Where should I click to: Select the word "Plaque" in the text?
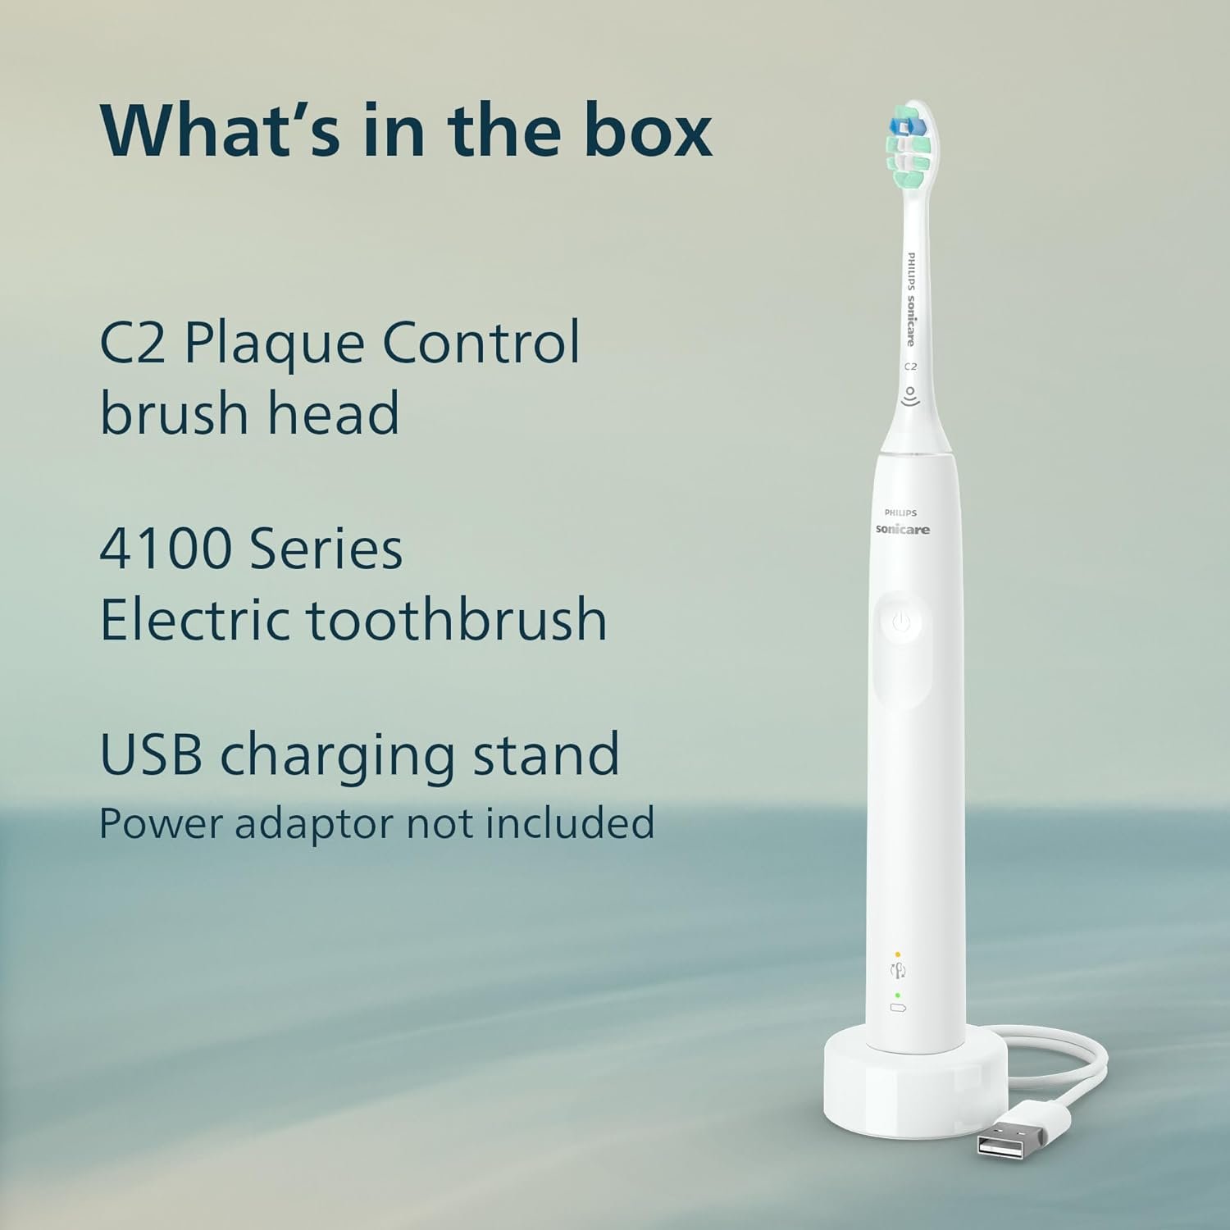click(276, 344)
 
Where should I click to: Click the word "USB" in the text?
click(151, 754)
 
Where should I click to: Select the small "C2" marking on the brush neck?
click(910, 367)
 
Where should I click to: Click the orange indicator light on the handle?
click(898, 954)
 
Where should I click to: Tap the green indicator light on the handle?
click(898, 995)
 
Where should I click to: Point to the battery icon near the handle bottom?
click(898, 1007)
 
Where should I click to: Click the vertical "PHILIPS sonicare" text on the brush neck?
click(910, 299)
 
